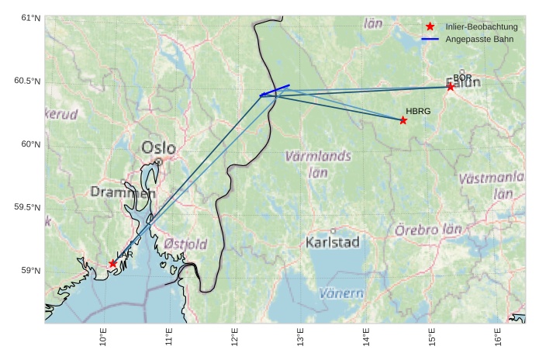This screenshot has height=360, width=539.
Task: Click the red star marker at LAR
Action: coord(113,264)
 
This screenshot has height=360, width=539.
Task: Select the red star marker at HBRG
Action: coord(403,120)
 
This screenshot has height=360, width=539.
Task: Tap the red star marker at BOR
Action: coord(451,87)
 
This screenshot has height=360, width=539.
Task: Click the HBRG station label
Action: coord(418,112)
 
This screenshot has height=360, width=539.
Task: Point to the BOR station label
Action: coord(462,78)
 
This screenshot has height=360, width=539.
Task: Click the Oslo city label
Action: coord(158,147)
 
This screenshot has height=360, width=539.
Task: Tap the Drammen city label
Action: coord(123,192)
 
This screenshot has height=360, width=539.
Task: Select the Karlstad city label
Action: coord(333,242)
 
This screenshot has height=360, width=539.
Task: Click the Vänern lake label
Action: coord(341,293)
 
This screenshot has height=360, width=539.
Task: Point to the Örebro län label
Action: coord(428,230)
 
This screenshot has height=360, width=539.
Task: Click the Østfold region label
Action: coord(185,244)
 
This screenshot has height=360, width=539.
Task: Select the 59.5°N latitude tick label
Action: coord(29,207)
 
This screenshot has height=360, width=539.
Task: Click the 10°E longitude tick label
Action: coord(103,339)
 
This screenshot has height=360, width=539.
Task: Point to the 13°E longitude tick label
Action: coord(300,339)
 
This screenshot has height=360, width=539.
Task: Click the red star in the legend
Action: coord(430,26)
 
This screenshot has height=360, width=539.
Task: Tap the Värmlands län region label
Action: coord(318,164)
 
